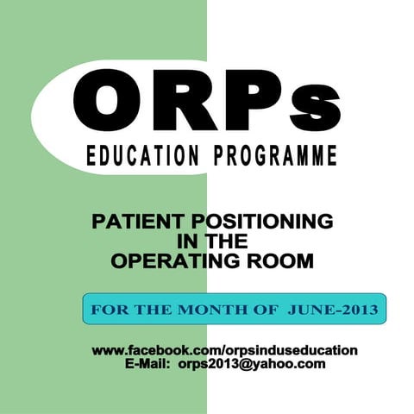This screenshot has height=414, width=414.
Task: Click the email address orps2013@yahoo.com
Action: pyautogui.click(x=252, y=365)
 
